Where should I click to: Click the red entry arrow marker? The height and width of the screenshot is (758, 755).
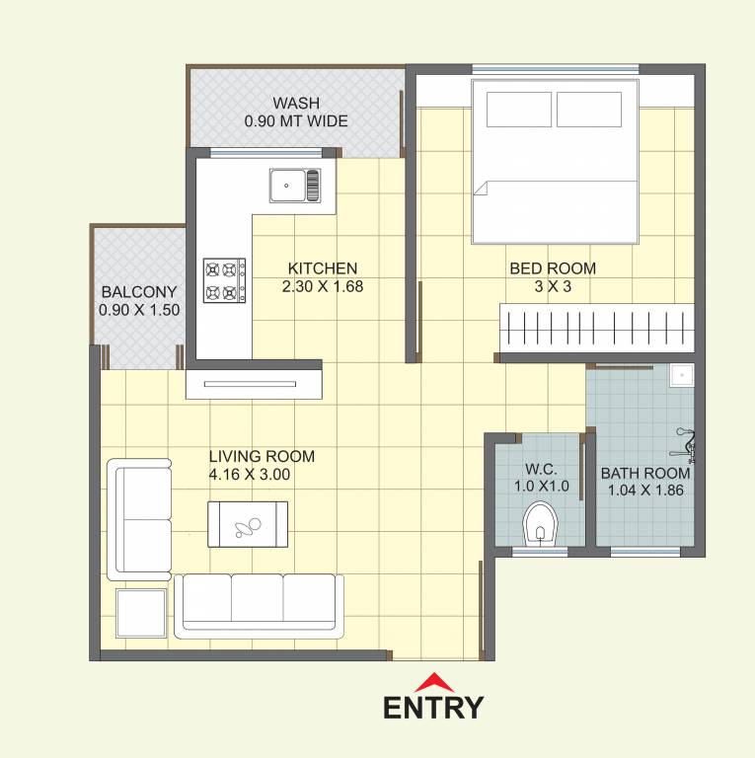433,682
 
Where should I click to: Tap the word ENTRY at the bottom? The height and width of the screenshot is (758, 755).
433,708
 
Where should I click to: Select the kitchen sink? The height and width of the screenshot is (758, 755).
294,185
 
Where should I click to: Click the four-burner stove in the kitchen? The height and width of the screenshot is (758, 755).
224,280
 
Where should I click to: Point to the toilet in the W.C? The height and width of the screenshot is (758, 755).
539,523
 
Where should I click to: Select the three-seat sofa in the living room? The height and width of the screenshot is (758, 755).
260,604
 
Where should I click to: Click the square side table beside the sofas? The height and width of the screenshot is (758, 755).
141,613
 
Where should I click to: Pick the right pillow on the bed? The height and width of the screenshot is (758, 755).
588,110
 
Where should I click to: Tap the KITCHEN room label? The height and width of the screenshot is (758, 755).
322,268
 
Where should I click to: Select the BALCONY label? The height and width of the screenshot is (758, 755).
139,292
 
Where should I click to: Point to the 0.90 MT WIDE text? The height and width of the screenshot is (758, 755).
296,121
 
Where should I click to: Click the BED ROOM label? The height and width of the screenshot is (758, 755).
553,268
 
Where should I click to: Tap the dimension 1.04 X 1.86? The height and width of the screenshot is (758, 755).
645,490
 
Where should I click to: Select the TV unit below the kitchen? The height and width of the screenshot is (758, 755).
255,384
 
